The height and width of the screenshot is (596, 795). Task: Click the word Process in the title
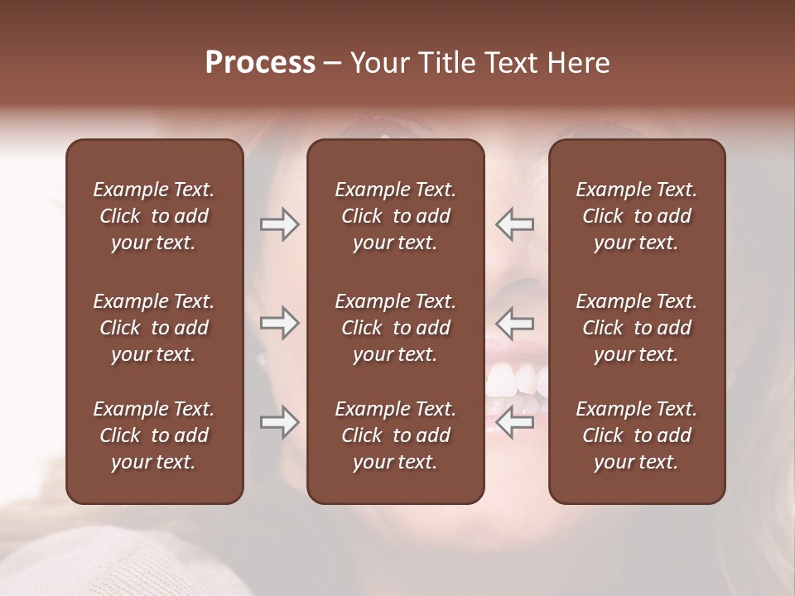(x=260, y=63)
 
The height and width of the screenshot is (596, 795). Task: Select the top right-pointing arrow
(x=279, y=224)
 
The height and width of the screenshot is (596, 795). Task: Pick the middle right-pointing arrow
(x=279, y=323)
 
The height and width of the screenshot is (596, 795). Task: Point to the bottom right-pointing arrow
(x=279, y=423)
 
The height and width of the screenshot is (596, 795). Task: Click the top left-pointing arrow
(x=515, y=224)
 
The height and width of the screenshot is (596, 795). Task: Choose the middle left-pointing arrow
(x=515, y=323)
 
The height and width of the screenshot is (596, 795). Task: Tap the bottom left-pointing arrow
(x=515, y=423)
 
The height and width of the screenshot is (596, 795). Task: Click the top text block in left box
(x=154, y=216)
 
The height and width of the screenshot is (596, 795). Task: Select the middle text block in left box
(x=154, y=328)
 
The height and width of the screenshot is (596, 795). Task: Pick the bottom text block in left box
(x=154, y=435)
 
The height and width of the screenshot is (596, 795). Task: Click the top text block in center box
(x=395, y=216)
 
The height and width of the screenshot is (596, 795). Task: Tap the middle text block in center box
(x=395, y=328)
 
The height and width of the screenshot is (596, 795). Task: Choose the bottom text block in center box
(x=395, y=435)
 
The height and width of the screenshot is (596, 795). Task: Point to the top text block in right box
(x=636, y=216)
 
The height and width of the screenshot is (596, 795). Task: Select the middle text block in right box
(x=636, y=328)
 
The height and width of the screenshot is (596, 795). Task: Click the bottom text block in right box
(x=636, y=435)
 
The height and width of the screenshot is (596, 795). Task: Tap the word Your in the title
(x=378, y=63)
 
